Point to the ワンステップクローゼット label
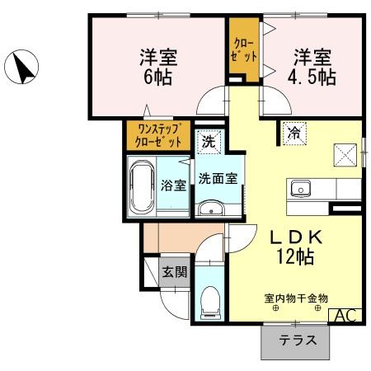pos(160,135)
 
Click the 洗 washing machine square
pos(209,141)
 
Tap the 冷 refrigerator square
pos(294,133)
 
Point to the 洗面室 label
pos(218,176)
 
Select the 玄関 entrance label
pos(172,271)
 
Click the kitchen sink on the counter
pos(299,187)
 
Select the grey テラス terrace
pos(294,340)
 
